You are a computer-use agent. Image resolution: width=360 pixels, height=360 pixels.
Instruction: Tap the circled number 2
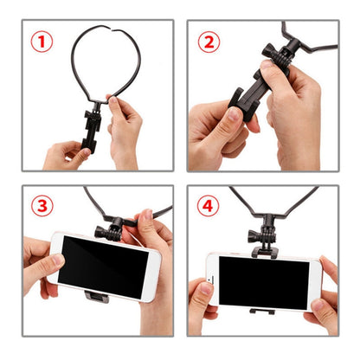pos(209,42)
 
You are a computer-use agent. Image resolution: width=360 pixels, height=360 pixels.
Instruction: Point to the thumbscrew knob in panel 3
pos(112,231)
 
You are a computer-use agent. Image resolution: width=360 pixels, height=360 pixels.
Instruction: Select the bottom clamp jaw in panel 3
pos(98,297)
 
